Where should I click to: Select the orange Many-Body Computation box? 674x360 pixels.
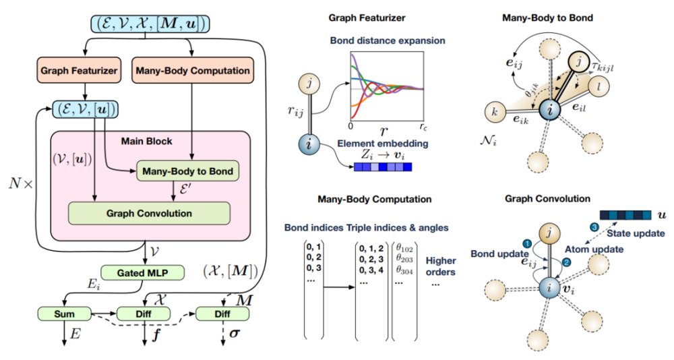point(193,70)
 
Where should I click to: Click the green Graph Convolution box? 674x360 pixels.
point(149,213)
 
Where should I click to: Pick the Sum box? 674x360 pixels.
point(64,313)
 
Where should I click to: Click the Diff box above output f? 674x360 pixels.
point(145,313)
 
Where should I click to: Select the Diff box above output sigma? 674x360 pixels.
point(224,313)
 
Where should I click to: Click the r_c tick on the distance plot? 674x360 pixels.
point(423,126)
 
